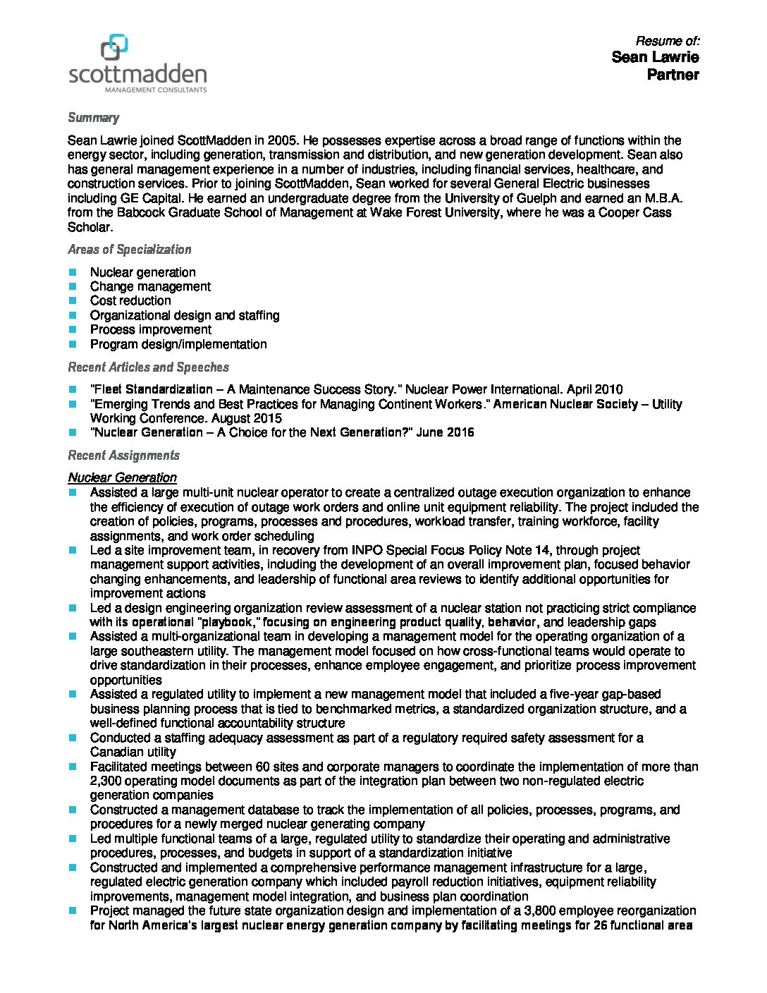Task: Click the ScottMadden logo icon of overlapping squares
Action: tap(114, 48)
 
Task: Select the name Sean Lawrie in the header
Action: tap(655, 57)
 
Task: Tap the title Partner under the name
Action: tap(673, 75)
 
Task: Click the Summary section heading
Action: tap(93, 118)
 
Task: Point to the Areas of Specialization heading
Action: tap(129, 250)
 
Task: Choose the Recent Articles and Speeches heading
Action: tap(148, 367)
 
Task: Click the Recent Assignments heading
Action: tap(123, 456)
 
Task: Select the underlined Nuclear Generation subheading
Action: tap(122, 477)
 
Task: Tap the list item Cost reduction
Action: tap(130, 301)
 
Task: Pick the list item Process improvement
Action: tap(150, 330)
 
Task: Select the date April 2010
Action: tap(598, 389)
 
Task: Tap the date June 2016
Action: tap(446, 432)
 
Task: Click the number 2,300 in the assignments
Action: tap(105, 781)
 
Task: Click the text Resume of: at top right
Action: tap(667, 41)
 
